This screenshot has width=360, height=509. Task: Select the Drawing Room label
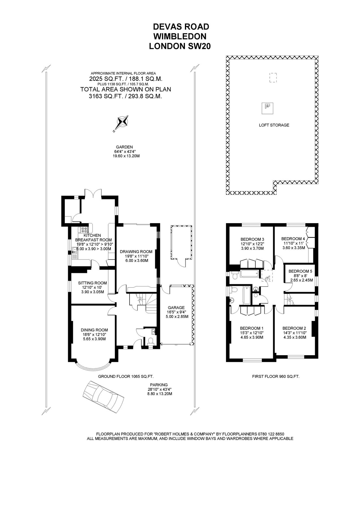coord(136,251)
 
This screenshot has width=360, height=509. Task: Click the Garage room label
coord(176,308)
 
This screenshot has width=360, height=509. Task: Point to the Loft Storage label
coord(274,125)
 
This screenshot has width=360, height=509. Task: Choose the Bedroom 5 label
coord(300,271)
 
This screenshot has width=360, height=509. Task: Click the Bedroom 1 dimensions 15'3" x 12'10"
coord(251,333)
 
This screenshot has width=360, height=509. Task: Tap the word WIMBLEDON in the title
coord(180,36)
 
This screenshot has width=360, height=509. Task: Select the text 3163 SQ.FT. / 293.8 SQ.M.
coord(126,96)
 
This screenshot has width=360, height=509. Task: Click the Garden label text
coord(124,147)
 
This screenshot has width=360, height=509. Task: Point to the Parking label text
coord(159,385)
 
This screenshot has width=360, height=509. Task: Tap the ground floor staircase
coord(148,303)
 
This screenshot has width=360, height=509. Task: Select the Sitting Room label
coord(92,283)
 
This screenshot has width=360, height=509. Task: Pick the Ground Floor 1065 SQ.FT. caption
coord(126,376)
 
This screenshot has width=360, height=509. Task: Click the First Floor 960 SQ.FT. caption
coord(275,376)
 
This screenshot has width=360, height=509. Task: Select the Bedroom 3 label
coord(252,239)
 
